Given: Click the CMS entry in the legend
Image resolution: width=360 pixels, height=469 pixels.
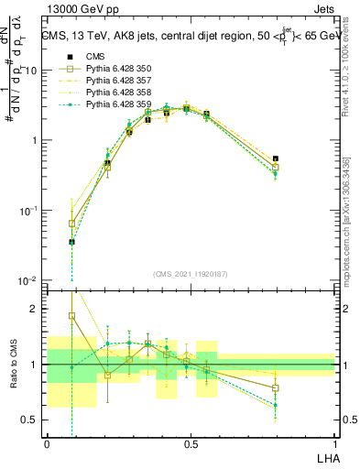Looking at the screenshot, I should tap(97, 57).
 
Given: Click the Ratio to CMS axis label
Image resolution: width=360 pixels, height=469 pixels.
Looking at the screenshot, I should tap(14, 364).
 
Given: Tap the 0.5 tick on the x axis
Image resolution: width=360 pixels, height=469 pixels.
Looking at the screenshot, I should tap(191, 443).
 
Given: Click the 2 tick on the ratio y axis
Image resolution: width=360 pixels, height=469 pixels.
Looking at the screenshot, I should tap(36, 309).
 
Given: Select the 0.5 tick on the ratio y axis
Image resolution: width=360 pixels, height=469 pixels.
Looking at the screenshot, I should tap(32, 420).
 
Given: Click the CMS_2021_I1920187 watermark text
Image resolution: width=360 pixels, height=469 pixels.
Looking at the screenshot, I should tap(191, 273).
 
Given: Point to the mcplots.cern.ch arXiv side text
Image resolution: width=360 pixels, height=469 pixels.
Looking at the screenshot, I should tap(349, 211).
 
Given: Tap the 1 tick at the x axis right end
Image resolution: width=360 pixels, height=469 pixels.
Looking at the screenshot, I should tap(334, 443).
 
